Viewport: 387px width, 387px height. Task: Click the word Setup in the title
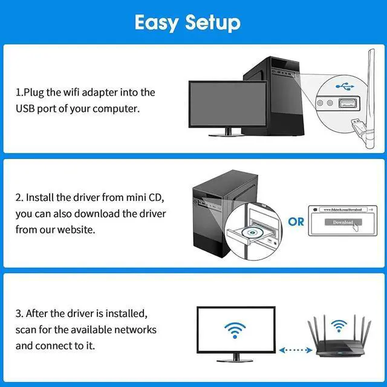click(x=212, y=22)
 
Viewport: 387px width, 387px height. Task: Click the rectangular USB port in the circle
click(x=350, y=103)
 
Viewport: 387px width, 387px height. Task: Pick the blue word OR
click(x=296, y=222)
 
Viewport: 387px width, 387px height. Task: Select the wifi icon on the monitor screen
click(x=236, y=329)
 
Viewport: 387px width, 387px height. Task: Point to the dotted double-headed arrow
click(x=294, y=350)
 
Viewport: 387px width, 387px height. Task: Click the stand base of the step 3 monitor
click(x=236, y=360)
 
